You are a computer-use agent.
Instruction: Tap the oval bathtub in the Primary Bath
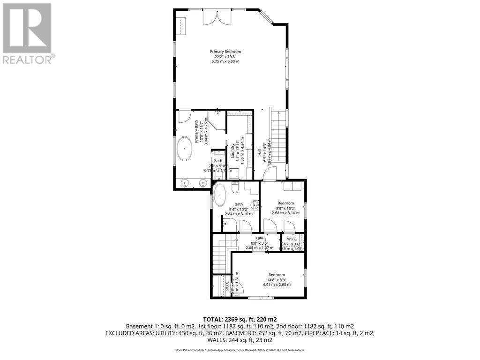coord(184,150)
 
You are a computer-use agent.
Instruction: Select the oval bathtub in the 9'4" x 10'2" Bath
coord(220,195)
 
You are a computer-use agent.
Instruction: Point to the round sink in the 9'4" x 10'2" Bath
coord(255,205)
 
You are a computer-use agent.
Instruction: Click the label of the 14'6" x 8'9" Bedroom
coord(276,275)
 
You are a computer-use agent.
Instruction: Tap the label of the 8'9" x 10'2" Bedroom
coord(285,203)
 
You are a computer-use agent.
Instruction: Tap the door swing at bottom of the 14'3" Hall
coord(269,174)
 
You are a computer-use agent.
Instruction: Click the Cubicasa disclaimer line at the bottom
coord(240,350)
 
